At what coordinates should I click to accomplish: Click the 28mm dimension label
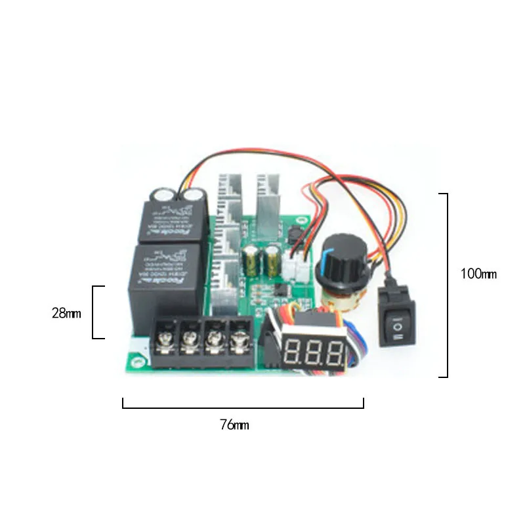(66, 313)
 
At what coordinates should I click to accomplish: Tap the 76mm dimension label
(234, 425)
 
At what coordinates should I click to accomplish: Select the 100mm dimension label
(478, 274)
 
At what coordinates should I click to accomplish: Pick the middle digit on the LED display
(315, 354)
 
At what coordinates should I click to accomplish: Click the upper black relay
(174, 220)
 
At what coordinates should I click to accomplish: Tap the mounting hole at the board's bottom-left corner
(139, 360)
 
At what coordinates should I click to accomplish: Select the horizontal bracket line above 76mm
(243, 408)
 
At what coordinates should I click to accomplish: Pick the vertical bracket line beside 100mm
(448, 285)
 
